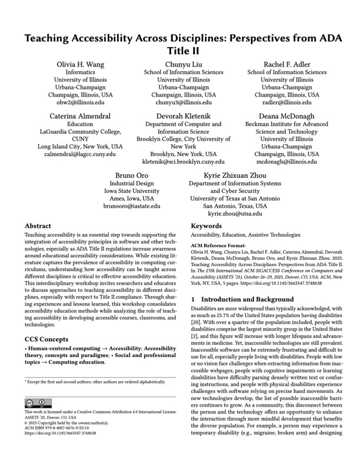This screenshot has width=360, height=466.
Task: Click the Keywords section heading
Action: [x=209, y=225]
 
